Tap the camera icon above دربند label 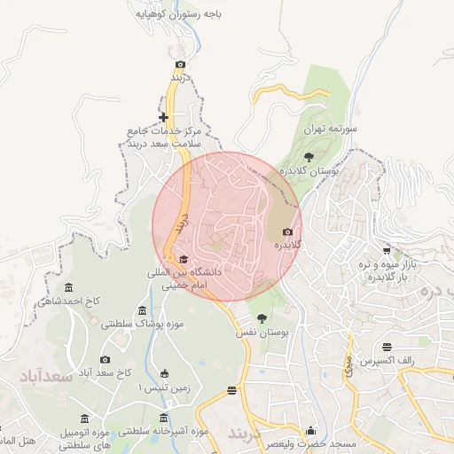point(181,64)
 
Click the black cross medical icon point(163,117)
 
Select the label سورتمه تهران point(330,129)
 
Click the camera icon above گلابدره point(286,232)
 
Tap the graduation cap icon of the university point(184,260)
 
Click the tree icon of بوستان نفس point(261,317)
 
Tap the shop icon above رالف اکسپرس point(387,347)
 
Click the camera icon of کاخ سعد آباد point(106,359)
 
